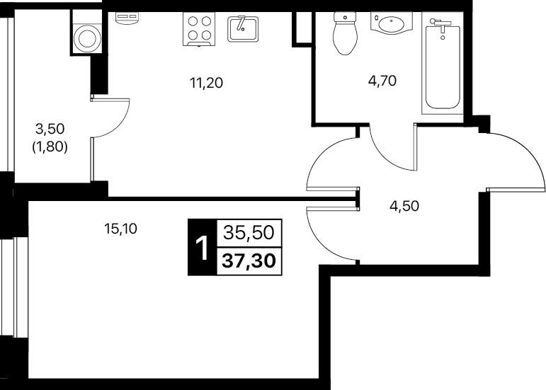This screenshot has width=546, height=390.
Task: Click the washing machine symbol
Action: click(x=87, y=38)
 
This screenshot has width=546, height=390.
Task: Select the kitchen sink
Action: click(x=243, y=29)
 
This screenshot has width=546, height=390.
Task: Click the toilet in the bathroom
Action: click(x=346, y=33)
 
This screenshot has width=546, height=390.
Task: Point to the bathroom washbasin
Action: click(x=392, y=23)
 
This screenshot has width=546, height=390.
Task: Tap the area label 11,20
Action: click(x=206, y=83)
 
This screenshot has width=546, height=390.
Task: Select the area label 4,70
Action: click(x=382, y=81)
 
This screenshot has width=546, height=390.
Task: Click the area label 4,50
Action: click(x=404, y=206)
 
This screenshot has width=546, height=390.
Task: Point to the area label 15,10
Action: click(x=121, y=229)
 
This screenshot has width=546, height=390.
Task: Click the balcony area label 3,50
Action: click(x=50, y=129)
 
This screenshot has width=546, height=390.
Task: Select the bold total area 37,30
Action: click(x=249, y=260)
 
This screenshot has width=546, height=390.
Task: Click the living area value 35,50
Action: click(x=249, y=232)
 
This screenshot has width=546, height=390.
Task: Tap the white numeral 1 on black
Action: click(x=202, y=247)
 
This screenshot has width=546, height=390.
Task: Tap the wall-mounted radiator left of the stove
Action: click(x=127, y=19)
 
